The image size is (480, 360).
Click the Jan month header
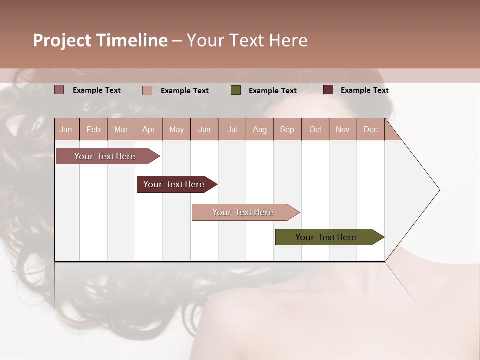(x=66, y=129)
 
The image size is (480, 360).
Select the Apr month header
(x=148, y=129)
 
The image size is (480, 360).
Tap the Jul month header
(x=232, y=129)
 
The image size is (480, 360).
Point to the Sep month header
(x=287, y=129)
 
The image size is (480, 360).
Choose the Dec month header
(x=370, y=129)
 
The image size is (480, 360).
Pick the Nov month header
(x=342, y=129)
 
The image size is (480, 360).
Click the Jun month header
(x=204, y=129)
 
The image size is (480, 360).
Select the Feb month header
(x=93, y=129)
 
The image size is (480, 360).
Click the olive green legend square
(x=236, y=90)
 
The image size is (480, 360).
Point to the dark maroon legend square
(x=328, y=90)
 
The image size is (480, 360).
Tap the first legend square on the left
(x=59, y=90)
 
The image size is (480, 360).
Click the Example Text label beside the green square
(x=272, y=91)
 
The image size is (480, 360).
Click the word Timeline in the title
(x=132, y=40)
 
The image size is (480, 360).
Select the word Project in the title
(x=62, y=40)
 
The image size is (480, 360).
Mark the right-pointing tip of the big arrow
(x=438, y=189)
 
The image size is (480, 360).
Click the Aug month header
(x=259, y=129)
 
